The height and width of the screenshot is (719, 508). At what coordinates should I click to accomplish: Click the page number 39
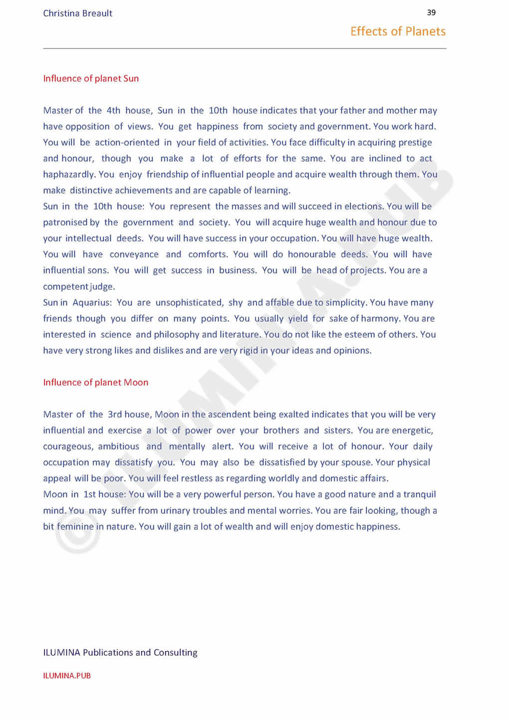click(x=431, y=12)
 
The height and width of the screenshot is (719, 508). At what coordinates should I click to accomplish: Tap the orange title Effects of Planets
click(x=398, y=31)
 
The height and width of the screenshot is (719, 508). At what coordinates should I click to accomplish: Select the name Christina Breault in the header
click(x=77, y=13)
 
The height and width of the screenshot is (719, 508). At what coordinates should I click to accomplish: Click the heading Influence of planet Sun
click(x=91, y=78)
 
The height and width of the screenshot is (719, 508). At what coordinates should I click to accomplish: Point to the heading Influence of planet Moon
click(x=95, y=382)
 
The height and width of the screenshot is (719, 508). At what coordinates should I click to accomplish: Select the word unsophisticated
click(x=189, y=303)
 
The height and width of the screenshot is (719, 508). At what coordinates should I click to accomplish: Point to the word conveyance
click(x=134, y=255)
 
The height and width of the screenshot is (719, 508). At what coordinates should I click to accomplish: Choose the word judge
click(x=102, y=287)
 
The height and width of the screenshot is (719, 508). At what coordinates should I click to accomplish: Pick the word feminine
click(x=75, y=526)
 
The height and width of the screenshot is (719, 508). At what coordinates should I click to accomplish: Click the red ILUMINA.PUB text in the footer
click(x=67, y=676)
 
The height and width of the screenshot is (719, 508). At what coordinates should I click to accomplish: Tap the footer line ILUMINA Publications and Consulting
click(x=120, y=653)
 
